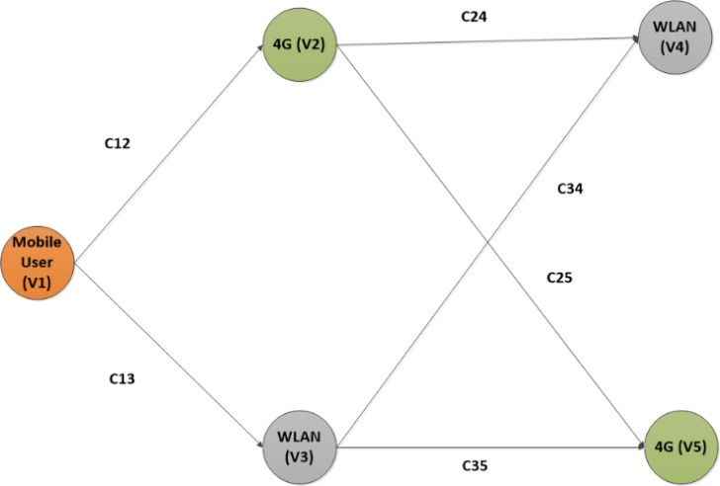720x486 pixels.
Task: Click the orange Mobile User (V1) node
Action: pyautogui.click(x=38, y=263)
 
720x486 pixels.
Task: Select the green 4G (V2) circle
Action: pyautogui.click(x=300, y=44)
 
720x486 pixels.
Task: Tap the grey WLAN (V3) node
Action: pyautogui.click(x=300, y=447)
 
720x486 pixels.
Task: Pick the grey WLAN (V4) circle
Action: pyautogui.click(x=675, y=38)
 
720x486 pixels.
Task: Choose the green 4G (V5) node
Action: pyautogui.click(x=681, y=447)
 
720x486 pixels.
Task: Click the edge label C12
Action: pyautogui.click(x=117, y=143)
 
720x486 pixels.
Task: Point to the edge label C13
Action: pyautogui.click(x=122, y=378)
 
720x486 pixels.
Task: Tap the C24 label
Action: pyautogui.click(x=474, y=17)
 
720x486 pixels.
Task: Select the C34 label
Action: pyautogui.click(x=570, y=189)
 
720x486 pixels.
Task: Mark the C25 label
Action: pyautogui.click(x=560, y=278)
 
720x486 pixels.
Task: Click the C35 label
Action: pyautogui.click(x=475, y=466)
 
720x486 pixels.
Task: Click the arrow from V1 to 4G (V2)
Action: pyautogui.click(x=168, y=153)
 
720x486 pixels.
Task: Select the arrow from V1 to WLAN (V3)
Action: pyautogui.click(x=168, y=355)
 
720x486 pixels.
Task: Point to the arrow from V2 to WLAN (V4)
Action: pyautogui.click(x=488, y=41)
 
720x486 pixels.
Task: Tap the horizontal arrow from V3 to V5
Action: pyautogui.click(x=491, y=446)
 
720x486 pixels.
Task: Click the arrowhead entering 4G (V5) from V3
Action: pyautogui.click(x=642, y=446)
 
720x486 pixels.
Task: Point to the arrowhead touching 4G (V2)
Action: pyautogui.click(x=261, y=46)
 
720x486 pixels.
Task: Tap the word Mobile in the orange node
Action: pyautogui.click(x=37, y=242)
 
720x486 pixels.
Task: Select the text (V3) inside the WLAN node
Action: pyautogui.click(x=300, y=457)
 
